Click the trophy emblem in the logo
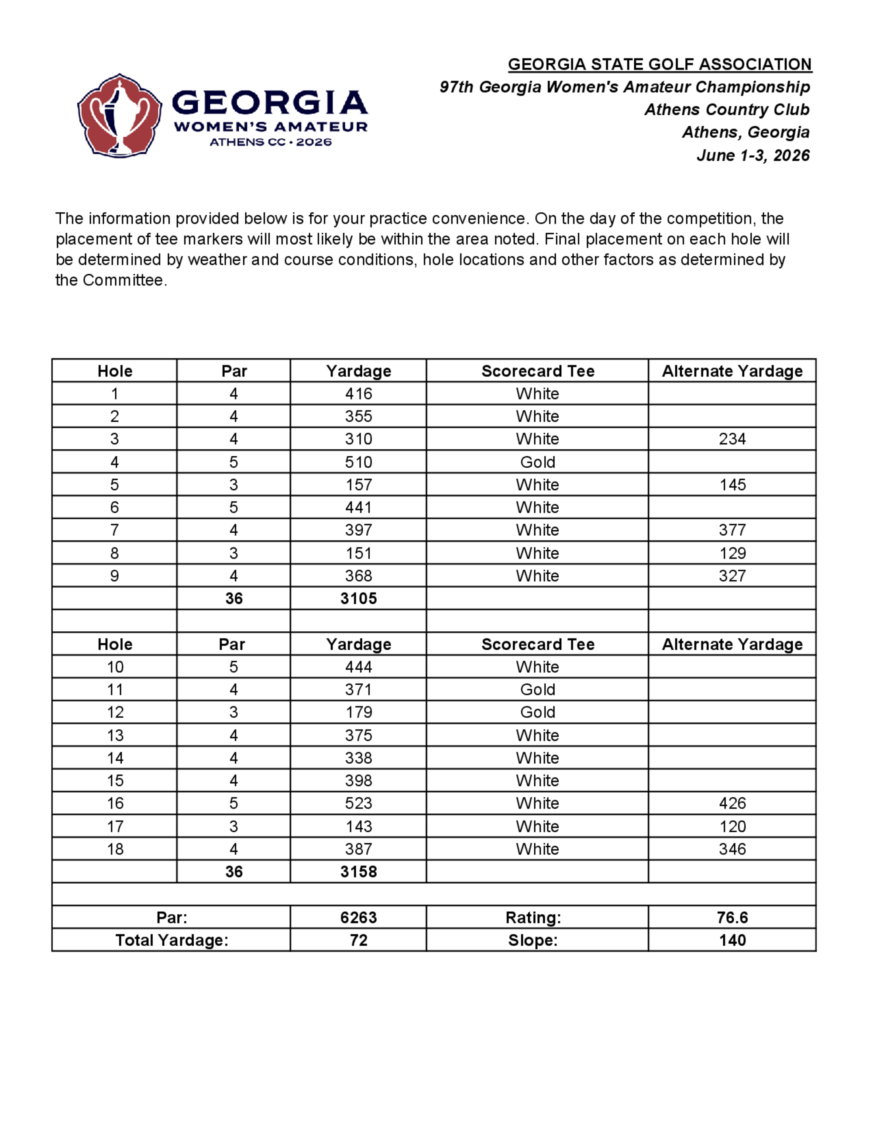point(120,115)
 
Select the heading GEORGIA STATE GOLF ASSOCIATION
point(660,64)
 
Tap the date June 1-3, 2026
point(753,155)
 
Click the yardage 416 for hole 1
point(358,394)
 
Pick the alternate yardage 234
point(732,439)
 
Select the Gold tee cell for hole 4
point(537,462)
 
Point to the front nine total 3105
point(358,599)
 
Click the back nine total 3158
point(358,872)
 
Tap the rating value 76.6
point(732,917)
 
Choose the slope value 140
point(732,940)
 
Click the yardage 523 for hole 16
point(358,803)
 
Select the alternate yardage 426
point(732,803)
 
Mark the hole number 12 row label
point(115,713)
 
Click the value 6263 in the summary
point(358,917)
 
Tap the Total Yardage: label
point(172,940)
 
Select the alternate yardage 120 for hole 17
point(732,826)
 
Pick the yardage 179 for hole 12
point(358,713)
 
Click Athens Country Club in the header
point(727,110)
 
